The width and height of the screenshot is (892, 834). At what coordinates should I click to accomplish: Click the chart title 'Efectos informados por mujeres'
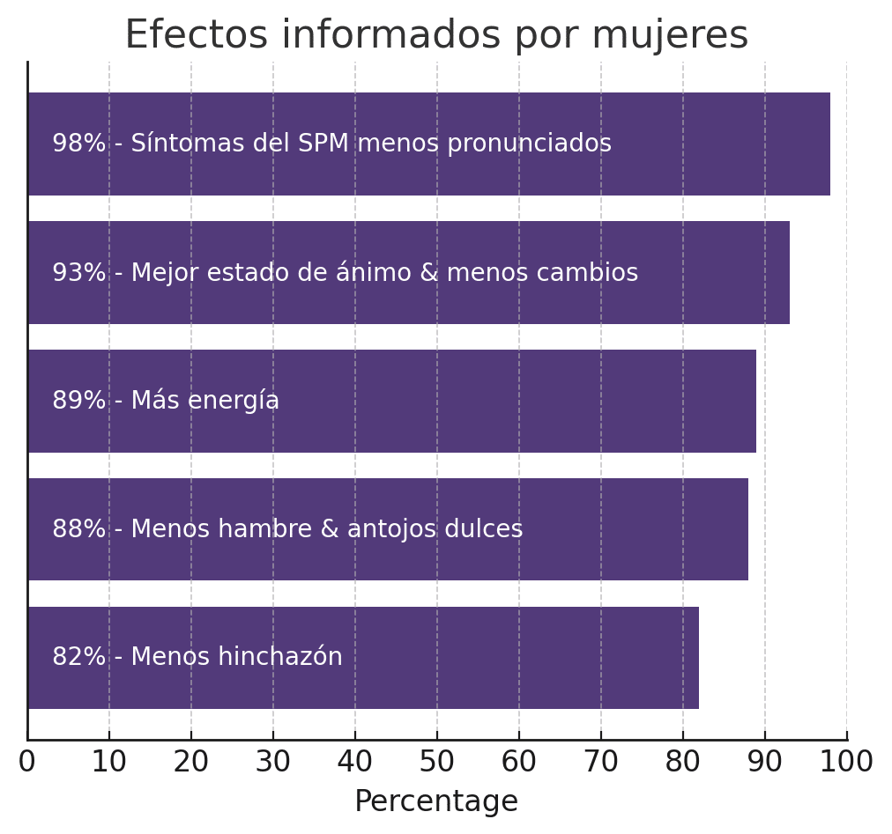[x=435, y=36]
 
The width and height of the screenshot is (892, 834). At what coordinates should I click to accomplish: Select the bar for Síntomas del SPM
[x=705, y=144]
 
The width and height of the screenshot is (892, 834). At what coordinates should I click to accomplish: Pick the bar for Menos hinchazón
[x=529, y=658]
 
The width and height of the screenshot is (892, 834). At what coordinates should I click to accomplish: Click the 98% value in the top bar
[x=78, y=144]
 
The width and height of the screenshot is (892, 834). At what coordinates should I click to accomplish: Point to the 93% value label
[x=78, y=273]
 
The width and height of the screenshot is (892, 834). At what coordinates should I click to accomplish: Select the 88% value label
[x=78, y=529]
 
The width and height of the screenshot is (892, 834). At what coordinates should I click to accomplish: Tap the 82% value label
[x=78, y=658]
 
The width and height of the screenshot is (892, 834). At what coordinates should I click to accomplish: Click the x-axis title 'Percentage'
[x=436, y=801]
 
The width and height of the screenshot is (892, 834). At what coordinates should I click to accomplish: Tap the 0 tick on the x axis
[x=27, y=763]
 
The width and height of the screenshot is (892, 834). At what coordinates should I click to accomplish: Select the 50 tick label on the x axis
[x=437, y=763]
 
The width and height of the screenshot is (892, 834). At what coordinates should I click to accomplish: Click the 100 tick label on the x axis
[x=846, y=763]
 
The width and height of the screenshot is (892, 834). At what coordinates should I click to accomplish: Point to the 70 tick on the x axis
[x=601, y=763]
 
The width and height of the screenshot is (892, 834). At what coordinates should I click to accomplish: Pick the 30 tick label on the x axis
[x=273, y=763]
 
